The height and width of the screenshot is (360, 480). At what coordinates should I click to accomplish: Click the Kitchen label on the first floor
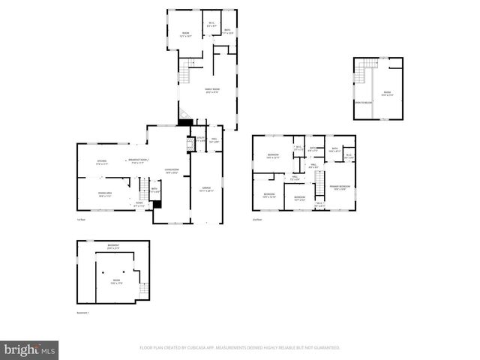[x=102, y=161]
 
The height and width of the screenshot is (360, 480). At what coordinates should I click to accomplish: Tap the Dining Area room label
[x=104, y=194]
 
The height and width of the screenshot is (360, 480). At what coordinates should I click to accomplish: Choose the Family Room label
[x=213, y=91]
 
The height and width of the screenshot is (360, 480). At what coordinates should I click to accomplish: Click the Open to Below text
[x=364, y=102]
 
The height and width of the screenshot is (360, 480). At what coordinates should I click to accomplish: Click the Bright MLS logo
[x=29, y=349]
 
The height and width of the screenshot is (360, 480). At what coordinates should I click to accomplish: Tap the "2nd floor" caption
[x=257, y=220]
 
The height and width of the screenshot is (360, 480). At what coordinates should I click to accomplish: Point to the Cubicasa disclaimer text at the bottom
[x=240, y=348]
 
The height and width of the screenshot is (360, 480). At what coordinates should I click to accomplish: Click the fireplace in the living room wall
[x=189, y=143]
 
